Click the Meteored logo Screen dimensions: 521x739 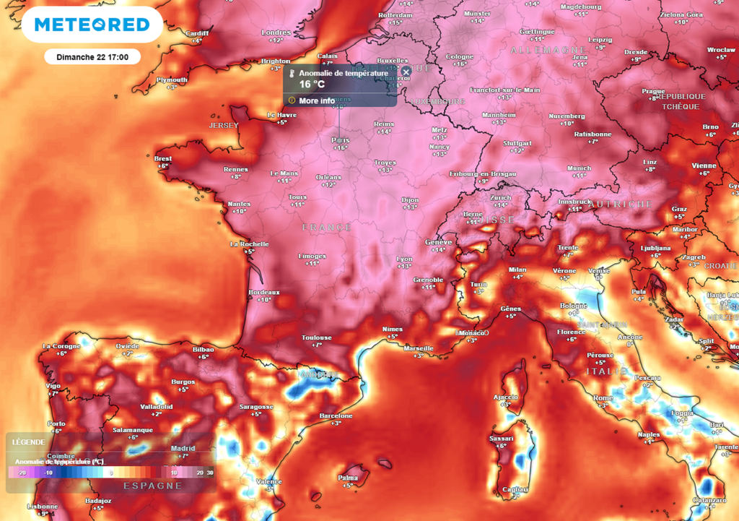pos(92,25)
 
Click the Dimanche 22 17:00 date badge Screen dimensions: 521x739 pos(92,56)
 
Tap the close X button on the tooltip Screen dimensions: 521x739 pos(406,71)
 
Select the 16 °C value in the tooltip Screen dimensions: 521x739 pos(313,85)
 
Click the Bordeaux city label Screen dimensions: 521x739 pos(263,292)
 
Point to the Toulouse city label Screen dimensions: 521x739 pos(316,337)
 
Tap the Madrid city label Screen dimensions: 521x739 pos(183,448)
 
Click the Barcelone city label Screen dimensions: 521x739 pos(336,415)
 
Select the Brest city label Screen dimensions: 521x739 pos(162,158)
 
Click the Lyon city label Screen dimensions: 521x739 pos(404,258)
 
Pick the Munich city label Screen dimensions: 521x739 pos(579,168)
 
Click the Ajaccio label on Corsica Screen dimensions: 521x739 pos(505,397)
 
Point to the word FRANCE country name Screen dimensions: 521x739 pos(327,227)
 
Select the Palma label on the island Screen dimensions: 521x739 pos(349,478)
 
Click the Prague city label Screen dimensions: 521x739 pos(653,91)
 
